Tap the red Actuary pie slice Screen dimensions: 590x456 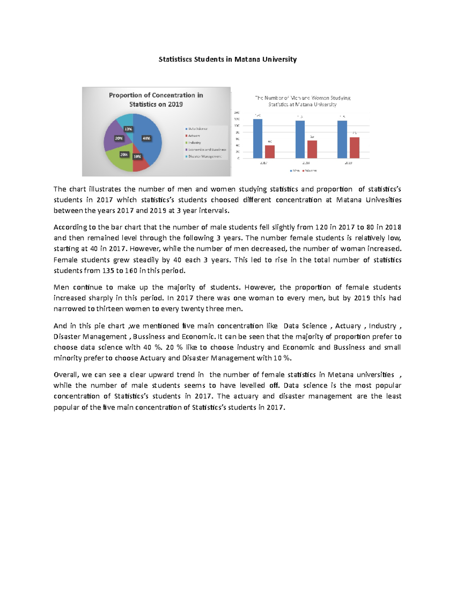tap(140, 163)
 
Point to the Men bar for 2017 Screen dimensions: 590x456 tap(258, 138)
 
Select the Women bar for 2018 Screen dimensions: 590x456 tap(312, 149)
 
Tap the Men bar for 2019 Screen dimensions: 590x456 tap(342, 139)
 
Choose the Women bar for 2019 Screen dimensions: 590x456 tap(354, 147)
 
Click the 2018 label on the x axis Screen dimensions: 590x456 tap(306, 163)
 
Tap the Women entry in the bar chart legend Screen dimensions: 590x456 tap(310, 171)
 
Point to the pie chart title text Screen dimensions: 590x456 tap(156, 100)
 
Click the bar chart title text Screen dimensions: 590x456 tap(302, 101)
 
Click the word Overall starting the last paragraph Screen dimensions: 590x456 tap(66, 375)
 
